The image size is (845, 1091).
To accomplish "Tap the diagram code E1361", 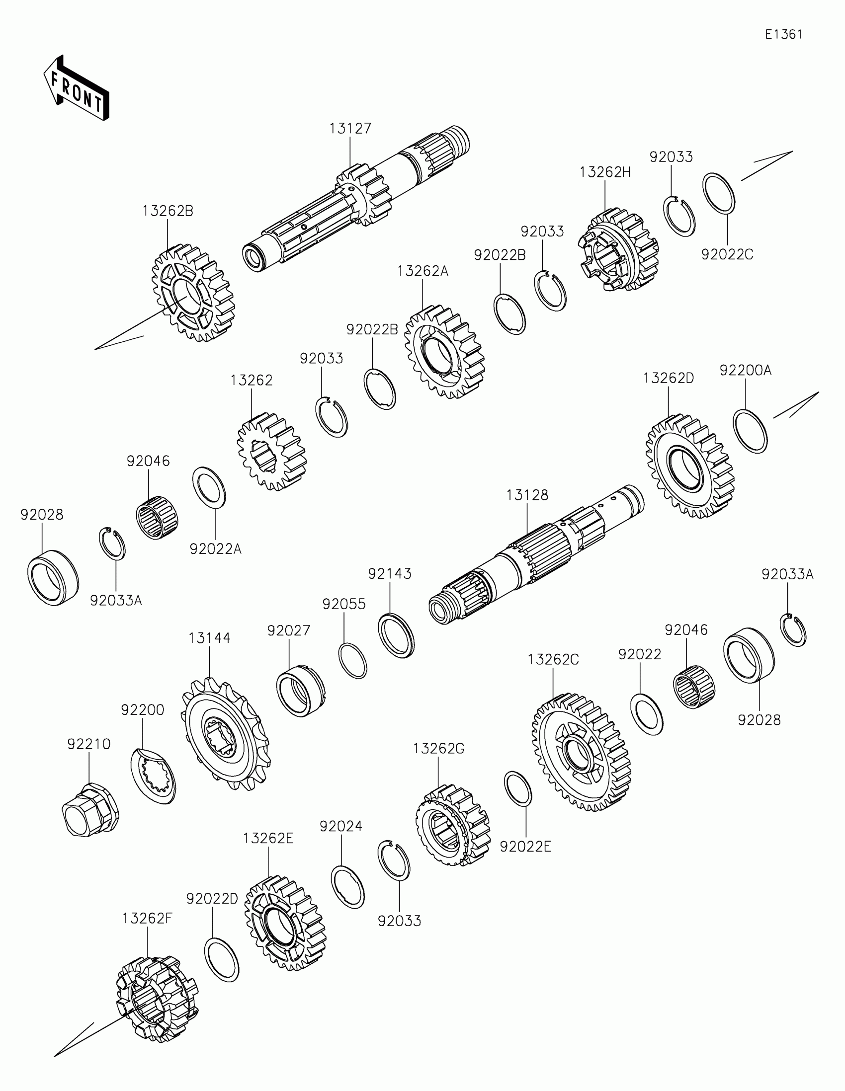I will click(783, 34).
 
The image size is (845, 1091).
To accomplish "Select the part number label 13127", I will click(350, 129).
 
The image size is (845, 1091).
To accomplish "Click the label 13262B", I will click(168, 211).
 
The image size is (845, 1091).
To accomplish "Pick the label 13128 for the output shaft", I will click(527, 495).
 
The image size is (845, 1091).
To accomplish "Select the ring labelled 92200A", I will click(750, 431).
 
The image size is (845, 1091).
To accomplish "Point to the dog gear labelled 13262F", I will click(157, 999).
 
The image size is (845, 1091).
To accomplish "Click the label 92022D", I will click(212, 899).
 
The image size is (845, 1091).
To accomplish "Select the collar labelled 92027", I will click(301, 692).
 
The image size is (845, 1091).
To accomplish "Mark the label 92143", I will click(390, 574).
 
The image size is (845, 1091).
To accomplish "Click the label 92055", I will click(344, 605).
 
